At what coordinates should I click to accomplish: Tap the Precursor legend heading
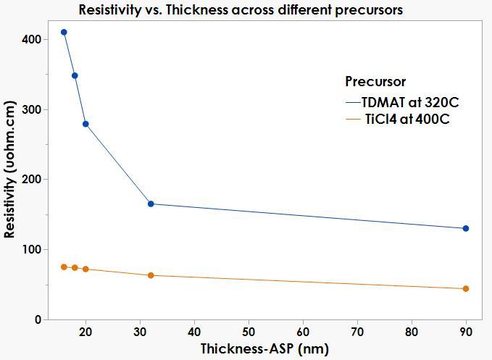coord(375,81)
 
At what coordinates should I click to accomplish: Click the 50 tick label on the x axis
coord(249,332)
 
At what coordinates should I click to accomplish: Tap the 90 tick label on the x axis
coord(466,332)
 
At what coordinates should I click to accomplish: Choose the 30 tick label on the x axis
coord(140,332)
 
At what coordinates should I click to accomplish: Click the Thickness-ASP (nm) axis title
coord(264,349)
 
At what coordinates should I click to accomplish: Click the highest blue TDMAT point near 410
coord(64,33)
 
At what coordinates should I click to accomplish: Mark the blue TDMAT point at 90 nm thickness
coord(466,228)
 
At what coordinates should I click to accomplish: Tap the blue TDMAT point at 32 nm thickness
coord(151,204)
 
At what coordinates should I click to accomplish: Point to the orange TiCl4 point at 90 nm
coord(466,288)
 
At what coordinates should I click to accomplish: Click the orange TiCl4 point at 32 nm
coord(151,275)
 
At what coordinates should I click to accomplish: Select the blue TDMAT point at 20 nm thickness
coord(86,124)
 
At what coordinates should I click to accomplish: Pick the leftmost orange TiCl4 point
coord(64,267)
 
